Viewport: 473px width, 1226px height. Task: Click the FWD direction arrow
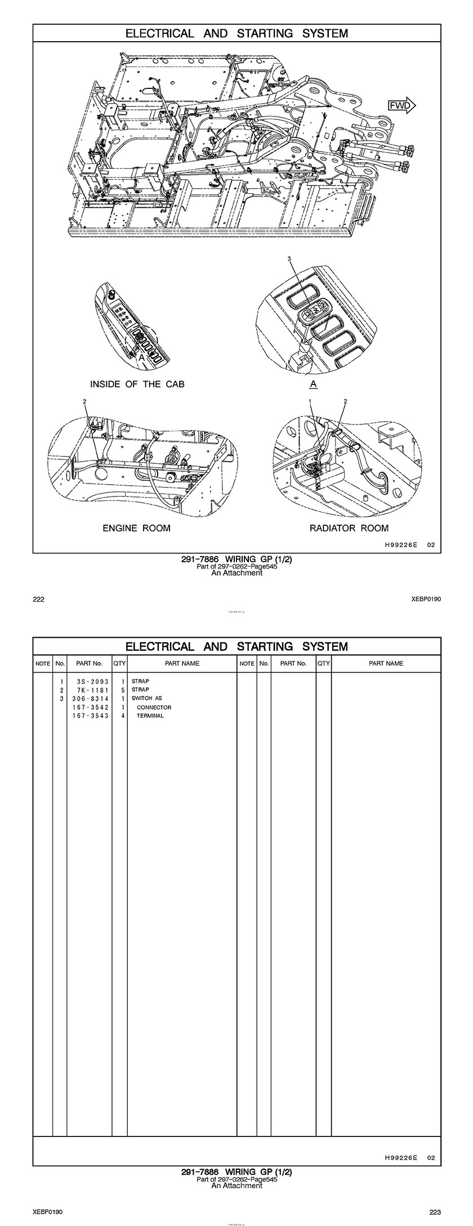[401, 105]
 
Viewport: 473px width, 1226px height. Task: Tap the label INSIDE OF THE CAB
[137, 384]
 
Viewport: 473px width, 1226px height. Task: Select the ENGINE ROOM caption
[136, 528]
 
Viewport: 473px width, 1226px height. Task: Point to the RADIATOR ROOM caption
[349, 528]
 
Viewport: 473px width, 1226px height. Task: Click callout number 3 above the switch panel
[289, 259]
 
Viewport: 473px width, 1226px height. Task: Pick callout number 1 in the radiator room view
[310, 401]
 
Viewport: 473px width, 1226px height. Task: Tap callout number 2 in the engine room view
[84, 401]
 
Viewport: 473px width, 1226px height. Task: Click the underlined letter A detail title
[314, 384]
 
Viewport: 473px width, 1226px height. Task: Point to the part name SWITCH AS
[146, 698]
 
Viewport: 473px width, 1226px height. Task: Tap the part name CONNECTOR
[154, 707]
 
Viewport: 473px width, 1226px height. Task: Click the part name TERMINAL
[150, 716]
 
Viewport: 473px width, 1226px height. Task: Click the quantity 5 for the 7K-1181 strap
[122, 690]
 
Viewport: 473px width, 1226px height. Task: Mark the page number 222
[38, 599]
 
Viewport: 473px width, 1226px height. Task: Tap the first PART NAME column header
[182, 664]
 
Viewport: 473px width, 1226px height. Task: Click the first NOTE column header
[43, 664]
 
